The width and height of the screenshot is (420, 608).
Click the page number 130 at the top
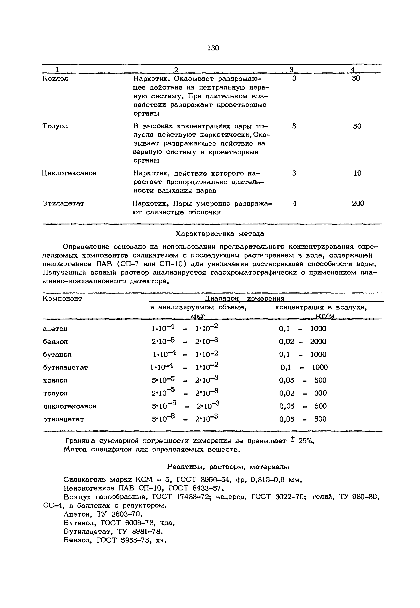pyautogui.click(x=213, y=48)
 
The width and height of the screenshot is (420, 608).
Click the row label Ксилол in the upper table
pyautogui.click(x=55, y=79)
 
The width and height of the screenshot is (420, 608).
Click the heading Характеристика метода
pyautogui.click(x=220, y=234)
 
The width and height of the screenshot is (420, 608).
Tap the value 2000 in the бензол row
pyautogui.click(x=318, y=341)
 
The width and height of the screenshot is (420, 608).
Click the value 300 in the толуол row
pyautogui.click(x=320, y=393)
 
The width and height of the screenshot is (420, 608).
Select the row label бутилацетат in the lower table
pyautogui.click(x=65, y=367)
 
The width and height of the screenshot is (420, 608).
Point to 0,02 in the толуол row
pyautogui.click(x=287, y=393)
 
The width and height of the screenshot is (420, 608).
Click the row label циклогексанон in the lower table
pyautogui.click(x=69, y=406)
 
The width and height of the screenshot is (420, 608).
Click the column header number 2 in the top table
pyautogui.click(x=176, y=69)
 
